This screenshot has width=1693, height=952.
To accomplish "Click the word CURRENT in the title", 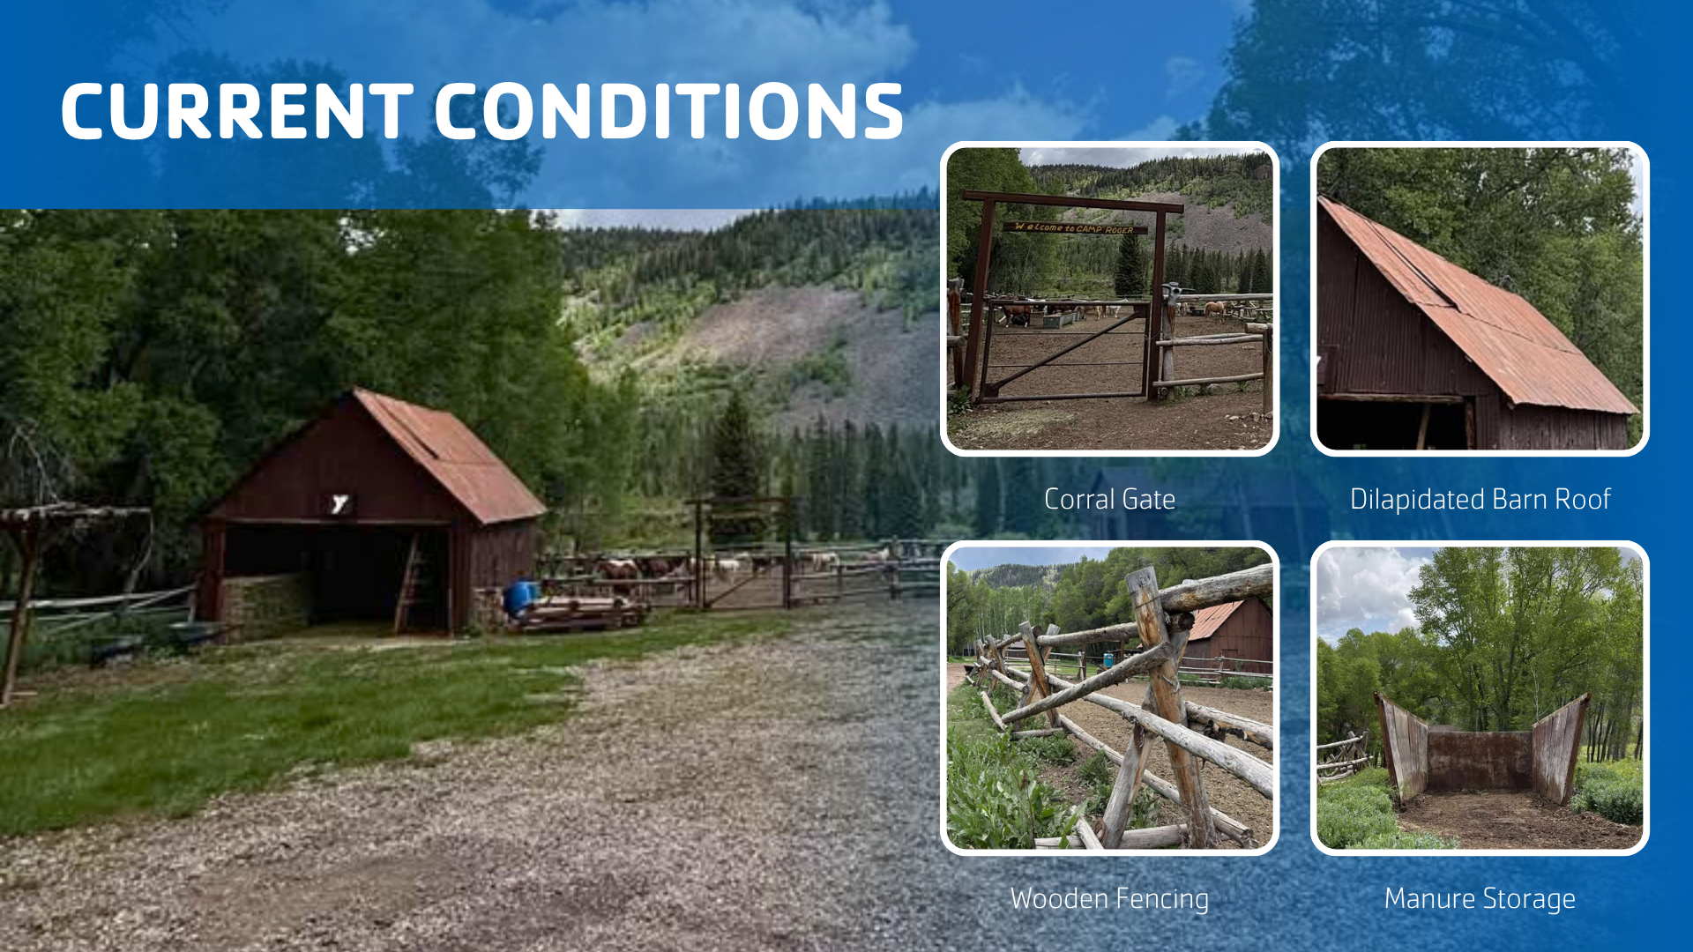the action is [237, 111].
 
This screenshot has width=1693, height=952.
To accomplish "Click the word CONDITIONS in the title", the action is [669, 111].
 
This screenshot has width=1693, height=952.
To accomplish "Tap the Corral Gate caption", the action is [1109, 500].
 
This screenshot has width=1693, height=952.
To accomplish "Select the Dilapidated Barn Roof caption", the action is [1480, 500].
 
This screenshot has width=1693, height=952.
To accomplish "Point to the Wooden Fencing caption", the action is [1109, 899].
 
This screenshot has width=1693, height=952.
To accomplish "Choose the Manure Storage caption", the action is [1480, 899].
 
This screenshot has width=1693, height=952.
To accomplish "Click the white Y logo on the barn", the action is [339, 503].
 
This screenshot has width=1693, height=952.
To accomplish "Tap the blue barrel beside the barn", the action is [520, 598].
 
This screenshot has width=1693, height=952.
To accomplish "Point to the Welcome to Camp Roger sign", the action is [1075, 228].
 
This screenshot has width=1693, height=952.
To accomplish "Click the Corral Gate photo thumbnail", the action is [1109, 299].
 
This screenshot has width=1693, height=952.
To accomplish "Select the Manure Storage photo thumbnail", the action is [1480, 698].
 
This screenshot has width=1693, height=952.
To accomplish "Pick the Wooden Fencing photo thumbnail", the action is [1109, 698].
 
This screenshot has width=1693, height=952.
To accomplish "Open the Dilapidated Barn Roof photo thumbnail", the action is [1480, 299].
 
